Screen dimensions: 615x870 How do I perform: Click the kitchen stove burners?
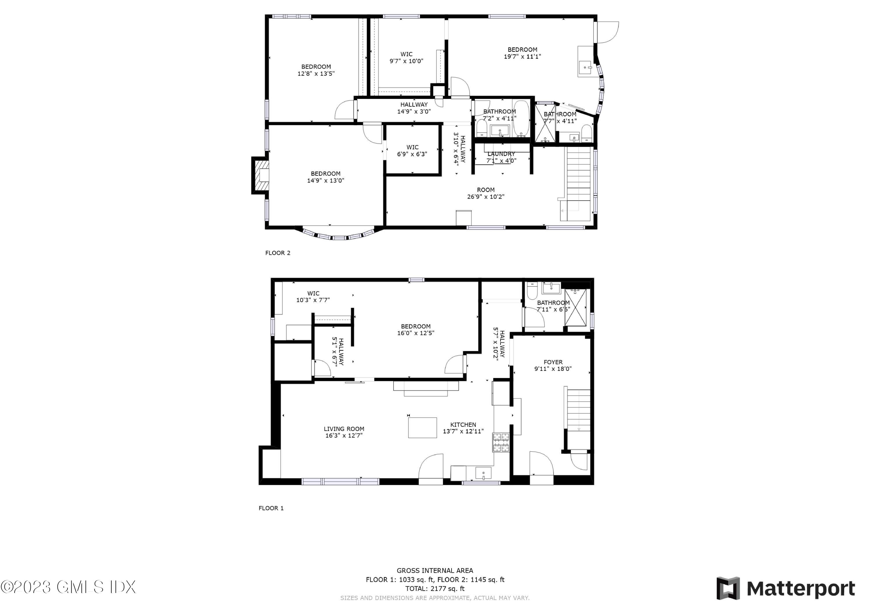click(x=501, y=442)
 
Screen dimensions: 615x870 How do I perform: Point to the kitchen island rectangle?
click(x=422, y=427)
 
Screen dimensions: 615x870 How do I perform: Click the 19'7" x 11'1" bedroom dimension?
click(x=522, y=57)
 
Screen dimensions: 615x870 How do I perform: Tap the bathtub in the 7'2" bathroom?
click(x=521, y=117)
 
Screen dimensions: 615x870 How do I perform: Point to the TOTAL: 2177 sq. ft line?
click(x=435, y=589)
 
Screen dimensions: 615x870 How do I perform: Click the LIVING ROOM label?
click(x=344, y=429)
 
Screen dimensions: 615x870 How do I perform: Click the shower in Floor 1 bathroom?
click(x=575, y=307)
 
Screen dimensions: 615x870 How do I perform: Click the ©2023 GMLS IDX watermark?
click(x=68, y=587)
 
